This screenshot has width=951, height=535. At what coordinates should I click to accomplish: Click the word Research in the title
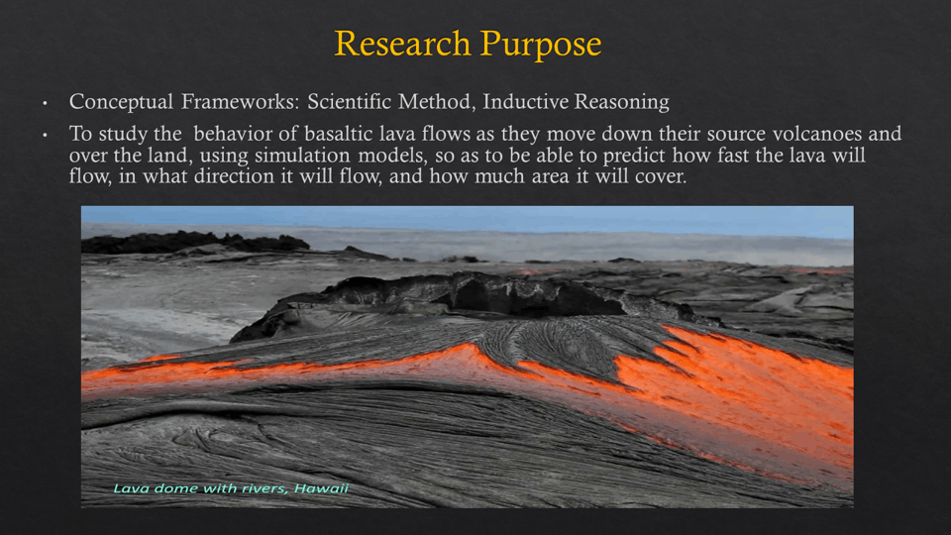[403, 44]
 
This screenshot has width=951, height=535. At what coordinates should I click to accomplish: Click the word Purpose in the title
[541, 45]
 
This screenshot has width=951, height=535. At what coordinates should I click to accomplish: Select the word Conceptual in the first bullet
[121, 102]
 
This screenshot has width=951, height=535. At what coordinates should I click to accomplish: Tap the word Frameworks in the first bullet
[240, 101]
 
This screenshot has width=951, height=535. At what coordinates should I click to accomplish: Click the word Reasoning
[622, 102]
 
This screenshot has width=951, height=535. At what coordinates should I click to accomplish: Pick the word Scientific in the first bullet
[350, 101]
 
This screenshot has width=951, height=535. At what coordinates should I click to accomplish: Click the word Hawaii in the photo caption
[321, 488]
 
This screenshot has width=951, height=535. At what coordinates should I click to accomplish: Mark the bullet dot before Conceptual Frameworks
[45, 103]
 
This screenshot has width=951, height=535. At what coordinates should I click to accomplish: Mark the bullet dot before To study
[45, 135]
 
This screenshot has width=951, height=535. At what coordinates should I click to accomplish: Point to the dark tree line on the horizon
[194, 243]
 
